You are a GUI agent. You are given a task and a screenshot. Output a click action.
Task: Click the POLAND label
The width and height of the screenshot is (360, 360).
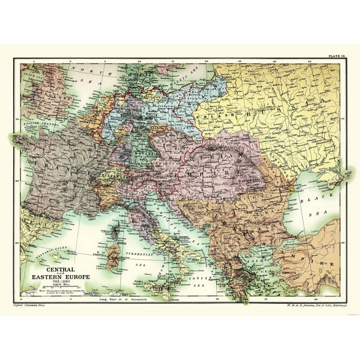pyautogui.click(x=209, y=116)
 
